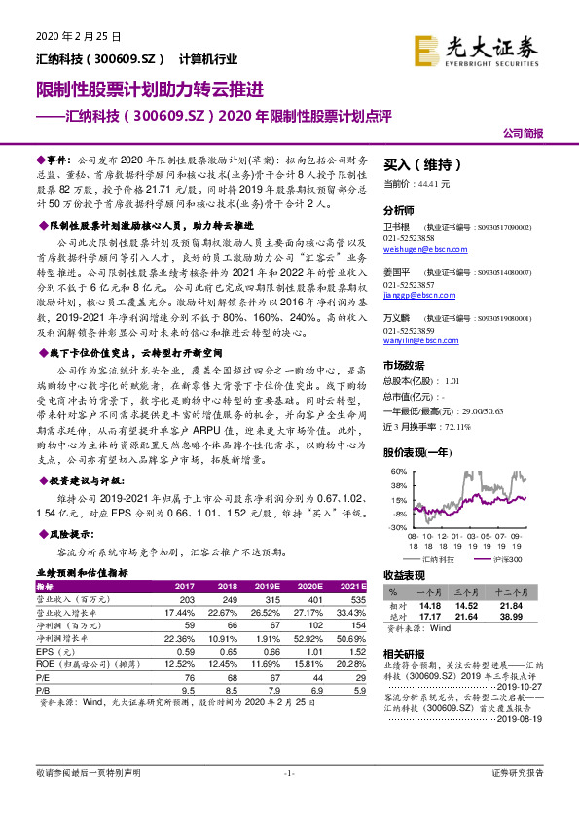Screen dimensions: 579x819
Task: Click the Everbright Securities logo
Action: (475, 47)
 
